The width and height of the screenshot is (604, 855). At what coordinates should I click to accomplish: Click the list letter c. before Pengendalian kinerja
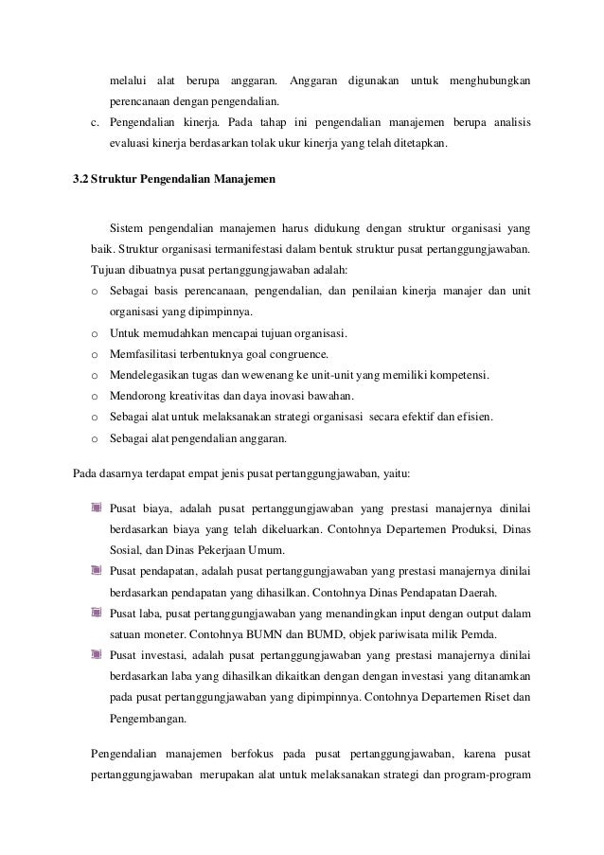(x=94, y=122)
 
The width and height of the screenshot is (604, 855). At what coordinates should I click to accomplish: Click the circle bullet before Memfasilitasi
(x=94, y=355)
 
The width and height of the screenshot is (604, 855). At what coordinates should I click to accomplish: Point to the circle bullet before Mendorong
(x=94, y=397)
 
